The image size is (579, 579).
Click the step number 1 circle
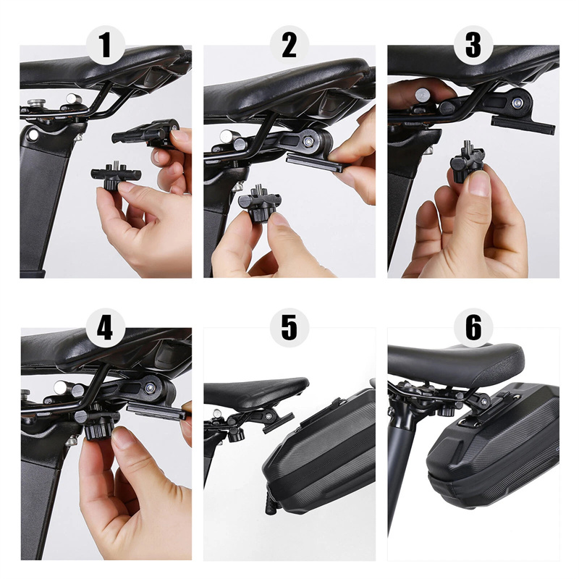[106, 45]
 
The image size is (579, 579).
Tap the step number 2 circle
[289, 45]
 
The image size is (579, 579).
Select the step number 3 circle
[473, 45]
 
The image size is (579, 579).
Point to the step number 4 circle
[106, 327]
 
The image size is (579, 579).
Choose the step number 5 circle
[289, 327]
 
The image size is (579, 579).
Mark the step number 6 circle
[473, 327]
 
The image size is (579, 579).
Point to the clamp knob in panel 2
[260, 204]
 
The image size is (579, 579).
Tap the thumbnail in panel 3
[479, 184]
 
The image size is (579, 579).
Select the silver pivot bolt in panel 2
[307, 141]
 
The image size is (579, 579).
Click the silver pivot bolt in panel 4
[150, 388]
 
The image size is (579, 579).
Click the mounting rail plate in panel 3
[523, 124]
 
